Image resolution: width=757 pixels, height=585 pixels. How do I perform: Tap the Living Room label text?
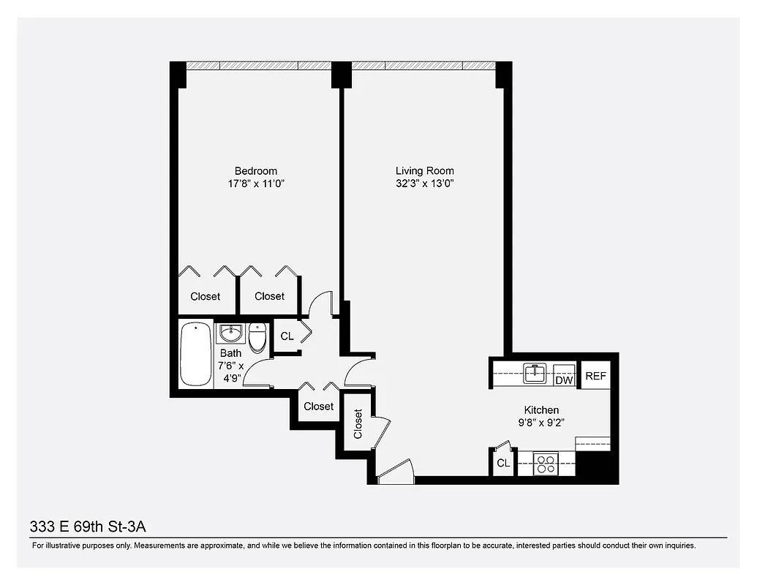point(424,171)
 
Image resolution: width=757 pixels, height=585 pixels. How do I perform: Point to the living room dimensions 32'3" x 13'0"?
point(424,184)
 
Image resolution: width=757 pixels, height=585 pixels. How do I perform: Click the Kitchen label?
point(541,410)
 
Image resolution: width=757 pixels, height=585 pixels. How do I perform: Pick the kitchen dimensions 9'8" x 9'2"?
point(541,423)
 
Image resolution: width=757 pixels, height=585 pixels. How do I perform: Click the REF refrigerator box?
point(595,377)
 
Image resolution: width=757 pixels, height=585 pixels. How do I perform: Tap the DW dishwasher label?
point(563,380)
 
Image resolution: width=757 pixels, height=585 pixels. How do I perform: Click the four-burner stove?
point(546,464)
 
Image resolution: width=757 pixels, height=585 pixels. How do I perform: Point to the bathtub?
point(195,354)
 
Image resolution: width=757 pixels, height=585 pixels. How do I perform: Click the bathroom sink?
point(230,333)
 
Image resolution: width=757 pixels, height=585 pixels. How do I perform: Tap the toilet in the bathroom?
point(257,338)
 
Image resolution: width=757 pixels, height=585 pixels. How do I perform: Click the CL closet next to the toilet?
point(287,336)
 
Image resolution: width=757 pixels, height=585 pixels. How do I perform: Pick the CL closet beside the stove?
point(503,463)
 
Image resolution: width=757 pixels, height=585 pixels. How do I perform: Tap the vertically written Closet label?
point(358,423)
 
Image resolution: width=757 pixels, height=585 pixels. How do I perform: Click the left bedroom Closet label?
point(206,296)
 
